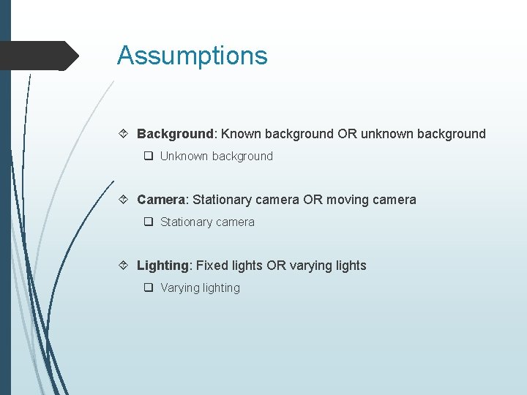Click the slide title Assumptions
[192, 56]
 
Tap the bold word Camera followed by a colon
[161, 200]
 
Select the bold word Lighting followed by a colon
[162, 266]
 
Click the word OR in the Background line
[347, 134]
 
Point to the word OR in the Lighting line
[277, 266]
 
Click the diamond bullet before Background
[125, 134]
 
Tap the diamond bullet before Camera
[125, 200]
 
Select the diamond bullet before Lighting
[125, 266]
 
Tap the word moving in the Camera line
[348, 200]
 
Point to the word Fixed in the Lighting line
[212, 266]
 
